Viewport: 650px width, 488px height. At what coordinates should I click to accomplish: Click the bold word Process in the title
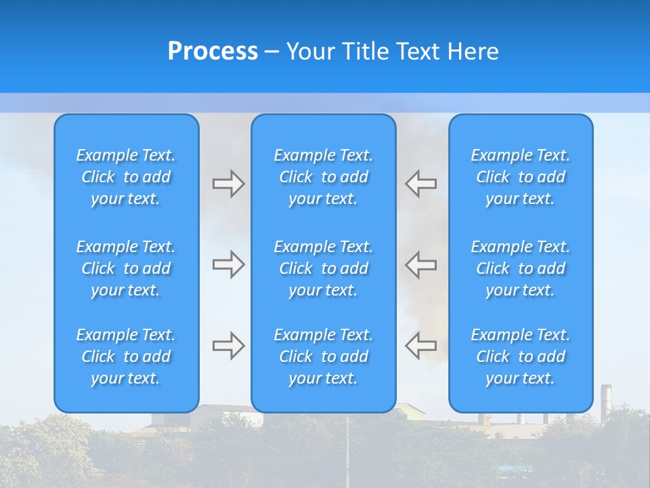pos(213,52)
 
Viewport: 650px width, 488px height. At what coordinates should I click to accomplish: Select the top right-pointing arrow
pos(228,184)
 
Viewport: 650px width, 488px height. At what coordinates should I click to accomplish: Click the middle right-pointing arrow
pos(228,264)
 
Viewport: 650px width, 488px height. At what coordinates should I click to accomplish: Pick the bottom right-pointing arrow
pos(228,346)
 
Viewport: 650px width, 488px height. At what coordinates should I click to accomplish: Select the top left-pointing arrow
pos(421,183)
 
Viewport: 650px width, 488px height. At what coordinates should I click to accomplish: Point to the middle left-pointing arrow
pos(421,264)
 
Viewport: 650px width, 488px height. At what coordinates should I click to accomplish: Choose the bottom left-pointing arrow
pos(421,346)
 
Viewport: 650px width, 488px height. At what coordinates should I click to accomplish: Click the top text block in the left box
pos(126,177)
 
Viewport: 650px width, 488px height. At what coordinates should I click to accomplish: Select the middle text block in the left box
pos(126,268)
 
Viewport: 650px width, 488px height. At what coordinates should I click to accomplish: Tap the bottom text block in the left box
pos(126,357)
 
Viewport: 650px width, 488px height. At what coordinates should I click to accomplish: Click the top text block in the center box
pos(324,177)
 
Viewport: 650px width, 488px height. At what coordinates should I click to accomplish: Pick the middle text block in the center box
pos(324,268)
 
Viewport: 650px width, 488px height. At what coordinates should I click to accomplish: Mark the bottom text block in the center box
pos(324,357)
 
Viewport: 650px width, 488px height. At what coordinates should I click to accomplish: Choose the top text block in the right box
pos(521,177)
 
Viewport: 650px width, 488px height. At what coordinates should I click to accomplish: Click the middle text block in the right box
pos(521,268)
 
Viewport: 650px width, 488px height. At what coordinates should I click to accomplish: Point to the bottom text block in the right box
pos(521,357)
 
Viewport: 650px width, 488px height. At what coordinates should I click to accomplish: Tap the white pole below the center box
pos(347,447)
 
